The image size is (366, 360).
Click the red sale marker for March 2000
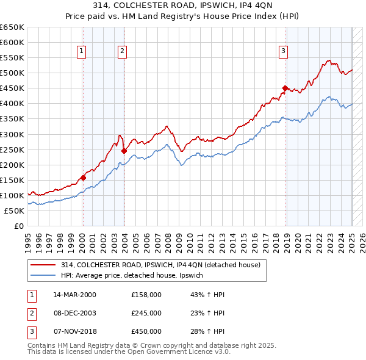click(83, 178)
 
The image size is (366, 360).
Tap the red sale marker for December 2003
click(124, 151)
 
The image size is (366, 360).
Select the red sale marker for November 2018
click(285, 88)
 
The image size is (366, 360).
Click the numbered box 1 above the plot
click(82, 52)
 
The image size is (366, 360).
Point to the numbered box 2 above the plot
click(123, 52)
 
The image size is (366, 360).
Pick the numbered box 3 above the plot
click(284, 52)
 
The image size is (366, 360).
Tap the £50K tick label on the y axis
click(15, 211)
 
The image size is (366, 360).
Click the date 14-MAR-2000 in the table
click(74, 295)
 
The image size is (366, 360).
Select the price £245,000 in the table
click(146, 313)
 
